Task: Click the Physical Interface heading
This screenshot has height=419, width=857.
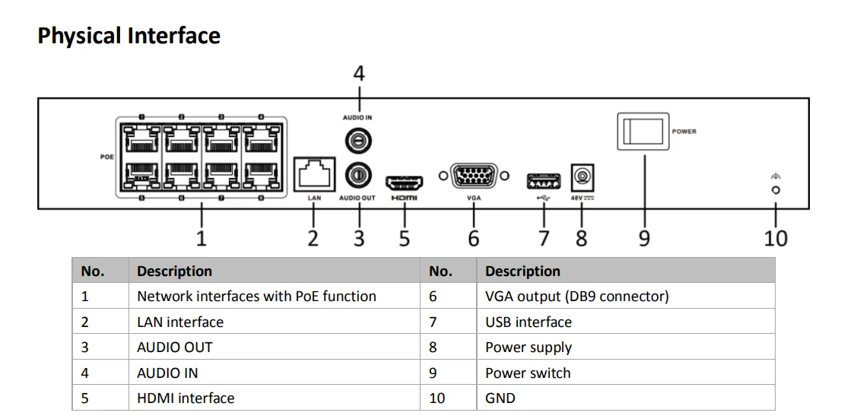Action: (x=129, y=36)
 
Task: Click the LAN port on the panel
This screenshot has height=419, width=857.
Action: (x=315, y=174)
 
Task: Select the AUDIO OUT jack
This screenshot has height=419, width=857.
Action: (x=359, y=175)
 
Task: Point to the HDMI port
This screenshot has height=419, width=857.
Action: (x=405, y=183)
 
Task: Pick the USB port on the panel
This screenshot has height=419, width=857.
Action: (x=543, y=181)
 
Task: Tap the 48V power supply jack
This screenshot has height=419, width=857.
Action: (x=582, y=177)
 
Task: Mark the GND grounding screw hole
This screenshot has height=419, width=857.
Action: (x=776, y=190)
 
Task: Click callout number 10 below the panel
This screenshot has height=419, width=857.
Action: (x=776, y=238)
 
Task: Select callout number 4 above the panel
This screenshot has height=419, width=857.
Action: (x=359, y=74)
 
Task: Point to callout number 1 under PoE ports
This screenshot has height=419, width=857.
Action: (x=201, y=238)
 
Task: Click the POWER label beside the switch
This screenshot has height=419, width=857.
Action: (x=684, y=132)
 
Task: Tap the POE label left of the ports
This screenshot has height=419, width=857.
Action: (x=106, y=157)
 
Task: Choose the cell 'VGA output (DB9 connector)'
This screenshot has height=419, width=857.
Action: (x=576, y=297)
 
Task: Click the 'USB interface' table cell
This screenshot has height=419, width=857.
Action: (x=528, y=322)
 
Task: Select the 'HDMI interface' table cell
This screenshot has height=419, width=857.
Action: (x=186, y=398)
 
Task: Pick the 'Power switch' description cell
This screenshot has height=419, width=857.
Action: (x=528, y=373)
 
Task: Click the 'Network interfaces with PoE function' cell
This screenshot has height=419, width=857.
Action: (x=256, y=297)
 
